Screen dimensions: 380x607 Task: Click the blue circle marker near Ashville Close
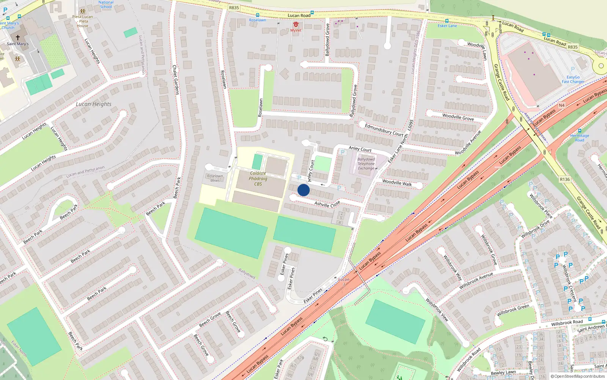(303, 190)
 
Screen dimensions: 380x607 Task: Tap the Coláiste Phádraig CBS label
(258, 179)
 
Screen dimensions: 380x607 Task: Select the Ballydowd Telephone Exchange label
(366, 164)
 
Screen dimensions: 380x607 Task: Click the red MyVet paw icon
(296, 24)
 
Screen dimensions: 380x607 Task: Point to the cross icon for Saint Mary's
(17, 38)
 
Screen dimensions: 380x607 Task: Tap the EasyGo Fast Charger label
(573, 79)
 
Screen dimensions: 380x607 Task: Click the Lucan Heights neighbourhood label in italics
(94, 104)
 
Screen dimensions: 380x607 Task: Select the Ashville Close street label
(327, 204)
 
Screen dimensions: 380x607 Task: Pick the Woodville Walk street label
(397, 183)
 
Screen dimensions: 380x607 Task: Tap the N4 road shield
(562, 105)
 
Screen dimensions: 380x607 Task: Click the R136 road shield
(565, 179)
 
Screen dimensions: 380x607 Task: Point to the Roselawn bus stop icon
(258, 15)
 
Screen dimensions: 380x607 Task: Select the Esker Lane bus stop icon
(447, 21)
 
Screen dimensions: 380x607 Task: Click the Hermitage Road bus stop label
(580, 138)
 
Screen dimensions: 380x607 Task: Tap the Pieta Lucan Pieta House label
(82, 21)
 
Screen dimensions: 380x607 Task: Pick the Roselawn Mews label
(215, 178)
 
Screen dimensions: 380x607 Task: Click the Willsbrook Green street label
(513, 310)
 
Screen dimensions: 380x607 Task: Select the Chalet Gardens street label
(175, 80)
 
